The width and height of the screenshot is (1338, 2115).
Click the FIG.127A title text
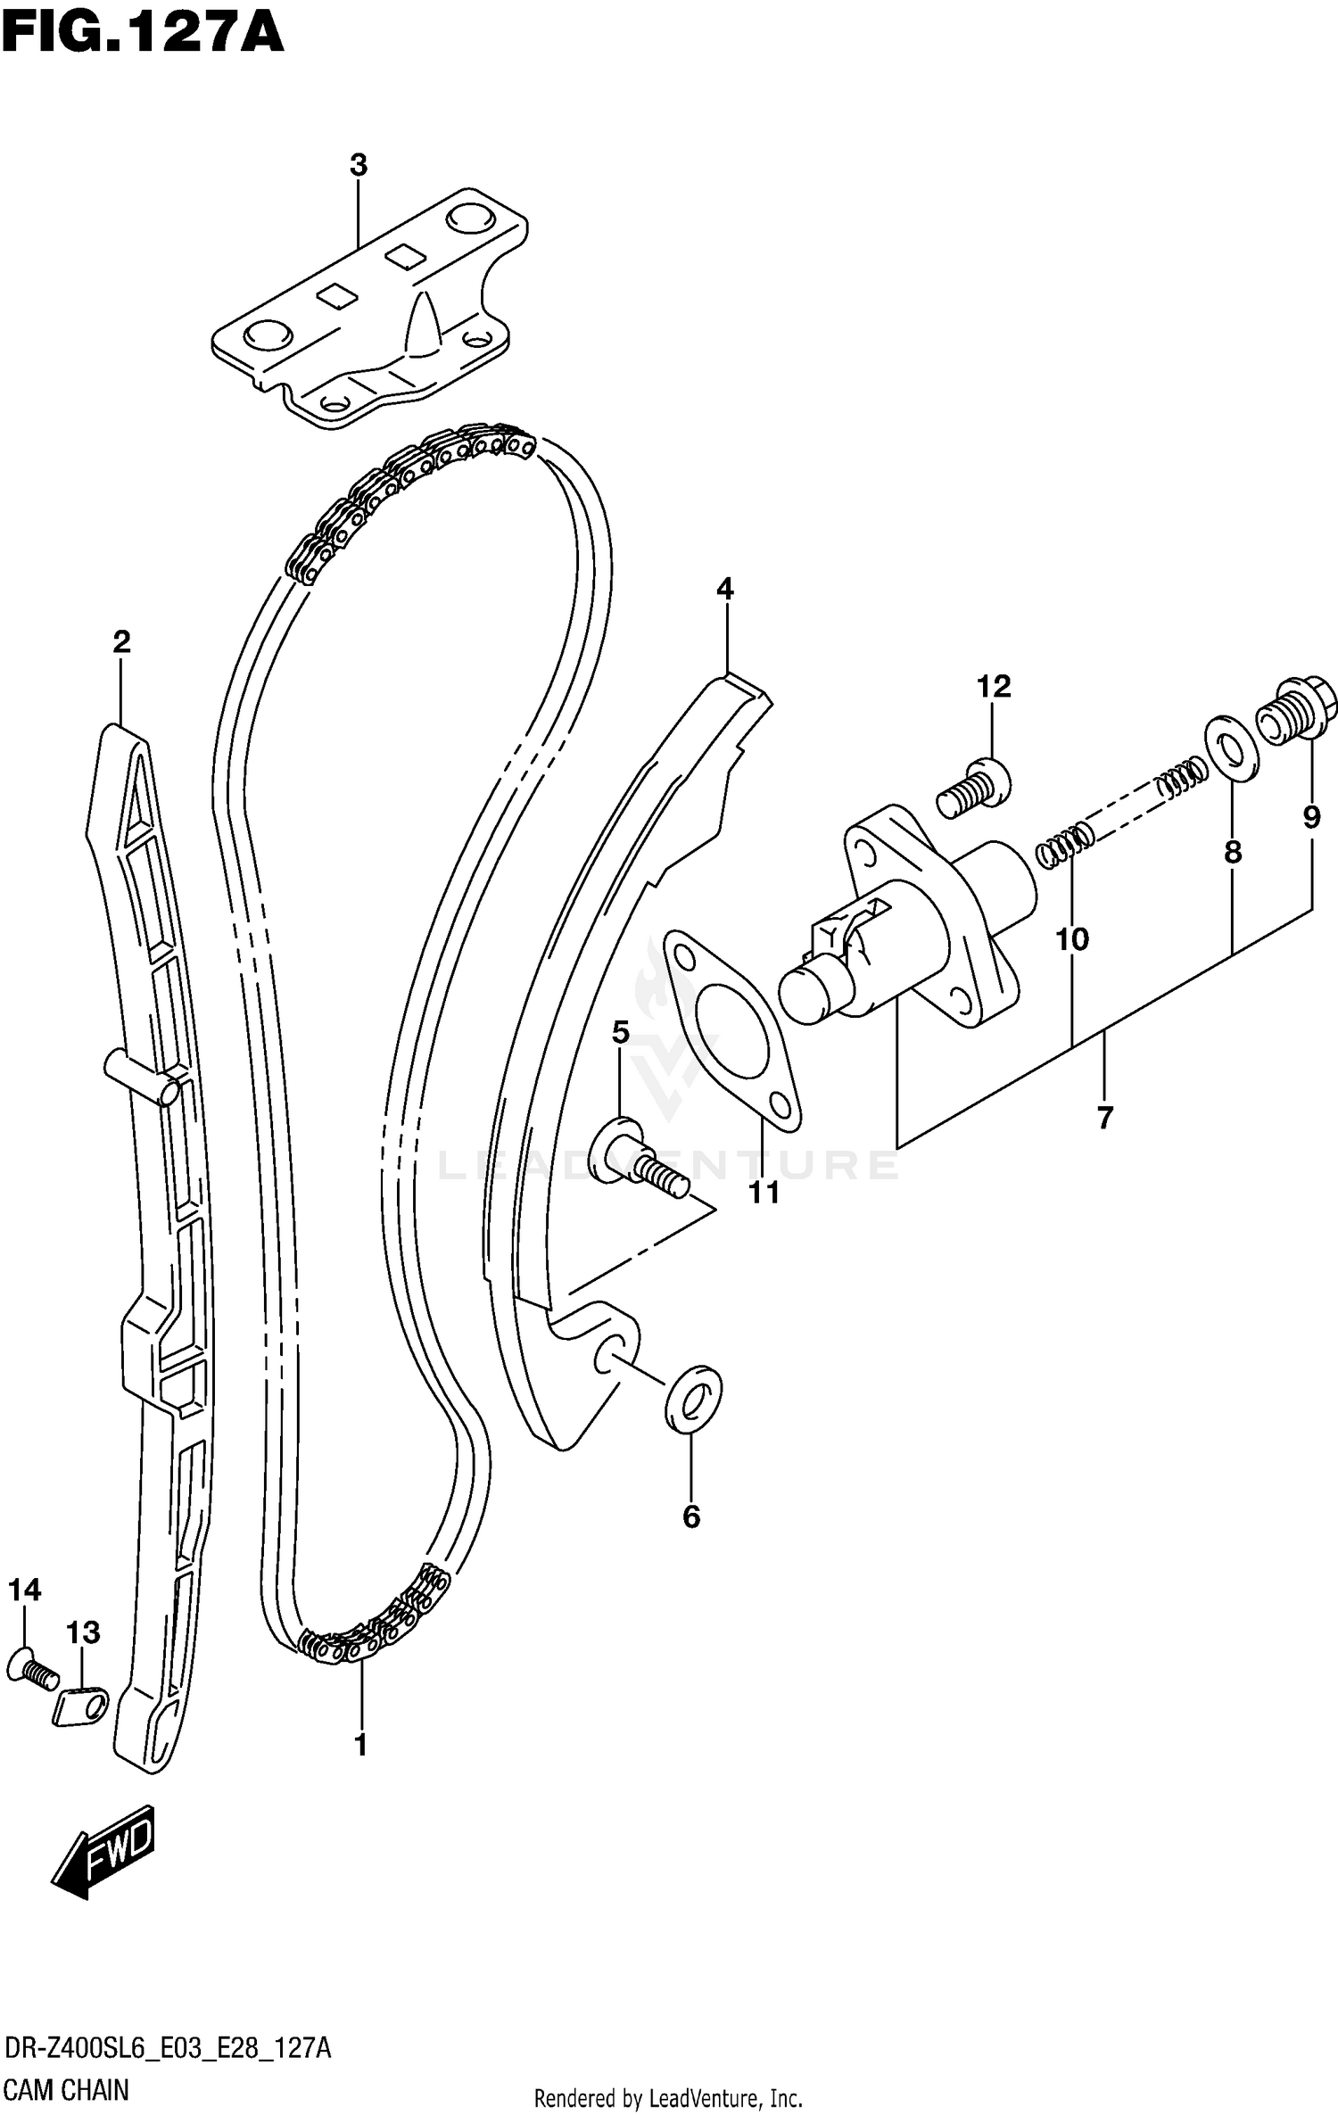(143, 36)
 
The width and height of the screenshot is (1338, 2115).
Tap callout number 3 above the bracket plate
(358, 165)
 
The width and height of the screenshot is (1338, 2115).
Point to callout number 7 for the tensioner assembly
(1105, 1117)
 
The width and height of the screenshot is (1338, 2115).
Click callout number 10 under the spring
(1072, 939)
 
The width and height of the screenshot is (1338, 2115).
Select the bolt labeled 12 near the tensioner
(974, 789)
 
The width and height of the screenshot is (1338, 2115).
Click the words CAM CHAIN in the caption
(66, 2090)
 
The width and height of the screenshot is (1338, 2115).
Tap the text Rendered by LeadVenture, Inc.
(668, 2098)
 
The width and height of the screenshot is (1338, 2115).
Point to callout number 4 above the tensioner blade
(724, 589)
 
